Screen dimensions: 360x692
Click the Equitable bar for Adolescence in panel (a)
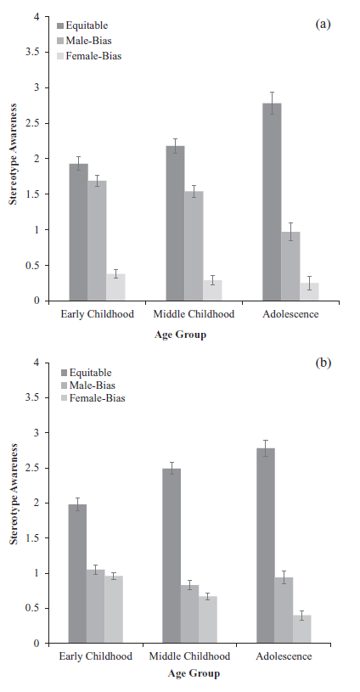(272, 202)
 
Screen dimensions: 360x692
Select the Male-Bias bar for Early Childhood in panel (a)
(97, 240)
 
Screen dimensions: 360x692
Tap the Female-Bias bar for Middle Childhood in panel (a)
(212, 290)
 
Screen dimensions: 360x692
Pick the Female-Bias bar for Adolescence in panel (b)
(301, 629)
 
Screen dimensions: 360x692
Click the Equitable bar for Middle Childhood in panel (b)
(172, 556)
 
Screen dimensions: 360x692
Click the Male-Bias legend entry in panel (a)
(84, 41)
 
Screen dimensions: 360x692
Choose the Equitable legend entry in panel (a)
(82, 25)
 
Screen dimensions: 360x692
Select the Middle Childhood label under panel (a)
(194, 314)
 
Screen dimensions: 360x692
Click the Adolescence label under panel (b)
(284, 656)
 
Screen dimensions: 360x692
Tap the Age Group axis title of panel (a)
(180, 335)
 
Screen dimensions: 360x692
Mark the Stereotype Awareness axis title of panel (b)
(14, 494)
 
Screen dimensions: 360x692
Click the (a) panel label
(323, 24)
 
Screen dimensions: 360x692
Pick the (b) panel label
(323, 363)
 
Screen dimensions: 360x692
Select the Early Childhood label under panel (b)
(96, 656)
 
